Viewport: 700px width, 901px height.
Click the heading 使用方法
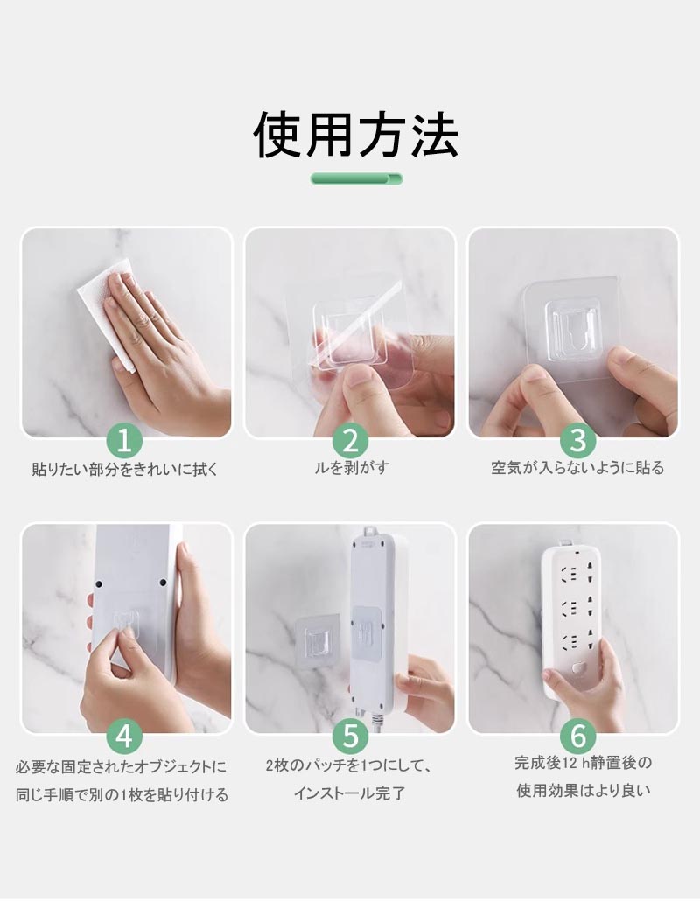[356, 136]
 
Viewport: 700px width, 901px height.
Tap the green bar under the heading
[356, 179]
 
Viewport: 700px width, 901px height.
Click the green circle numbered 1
[124, 441]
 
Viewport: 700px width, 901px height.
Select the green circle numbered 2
[350, 441]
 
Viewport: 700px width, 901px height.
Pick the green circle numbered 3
[578, 441]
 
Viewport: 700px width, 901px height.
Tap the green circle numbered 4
[124, 736]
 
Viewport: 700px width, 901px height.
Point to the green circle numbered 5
[350, 736]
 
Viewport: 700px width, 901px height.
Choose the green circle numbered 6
[578, 736]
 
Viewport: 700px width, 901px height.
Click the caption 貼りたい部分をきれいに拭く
[125, 470]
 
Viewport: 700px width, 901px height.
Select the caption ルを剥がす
[352, 468]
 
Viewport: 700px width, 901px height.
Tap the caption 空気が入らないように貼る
[577, 468]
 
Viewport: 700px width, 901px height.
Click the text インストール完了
[350, 793]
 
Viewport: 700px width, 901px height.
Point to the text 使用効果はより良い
[584, 791]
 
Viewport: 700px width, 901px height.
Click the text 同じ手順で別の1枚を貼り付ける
[122, 796]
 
